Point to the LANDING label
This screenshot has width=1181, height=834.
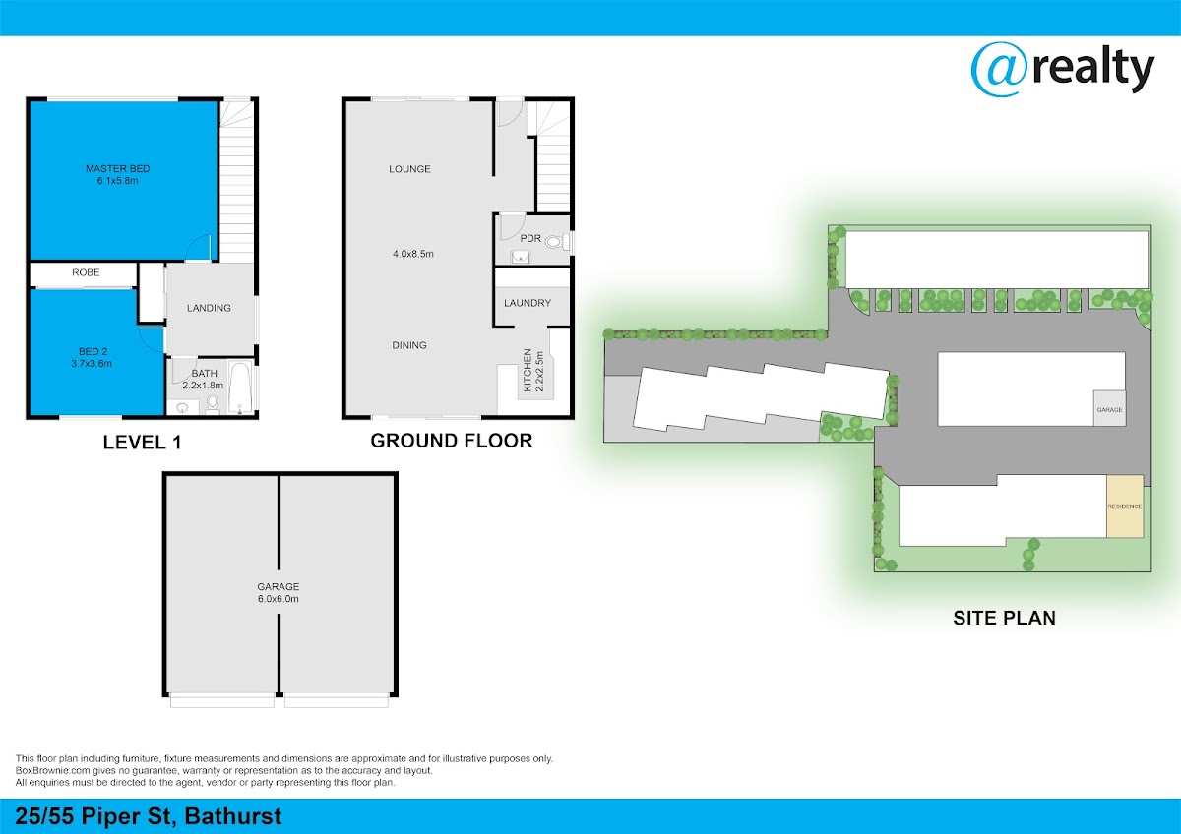pos(209,308)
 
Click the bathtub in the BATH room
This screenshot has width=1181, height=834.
pos(241,387)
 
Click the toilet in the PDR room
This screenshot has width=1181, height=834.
pos(554,240)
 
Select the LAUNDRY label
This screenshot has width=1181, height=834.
pos(528,303)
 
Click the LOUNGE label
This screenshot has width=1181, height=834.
pos(409,169)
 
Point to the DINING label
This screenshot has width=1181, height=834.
pos(409,345)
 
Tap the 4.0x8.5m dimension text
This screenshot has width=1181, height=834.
pos(413,254)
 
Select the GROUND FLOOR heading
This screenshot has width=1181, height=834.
pos(451,441)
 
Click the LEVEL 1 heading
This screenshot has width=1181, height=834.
pos(142,444)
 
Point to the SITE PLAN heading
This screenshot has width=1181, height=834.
pos(1004,619)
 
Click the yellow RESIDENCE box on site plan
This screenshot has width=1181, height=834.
pos(1125,506)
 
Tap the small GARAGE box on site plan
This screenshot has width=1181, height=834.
pos(1109,409)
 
